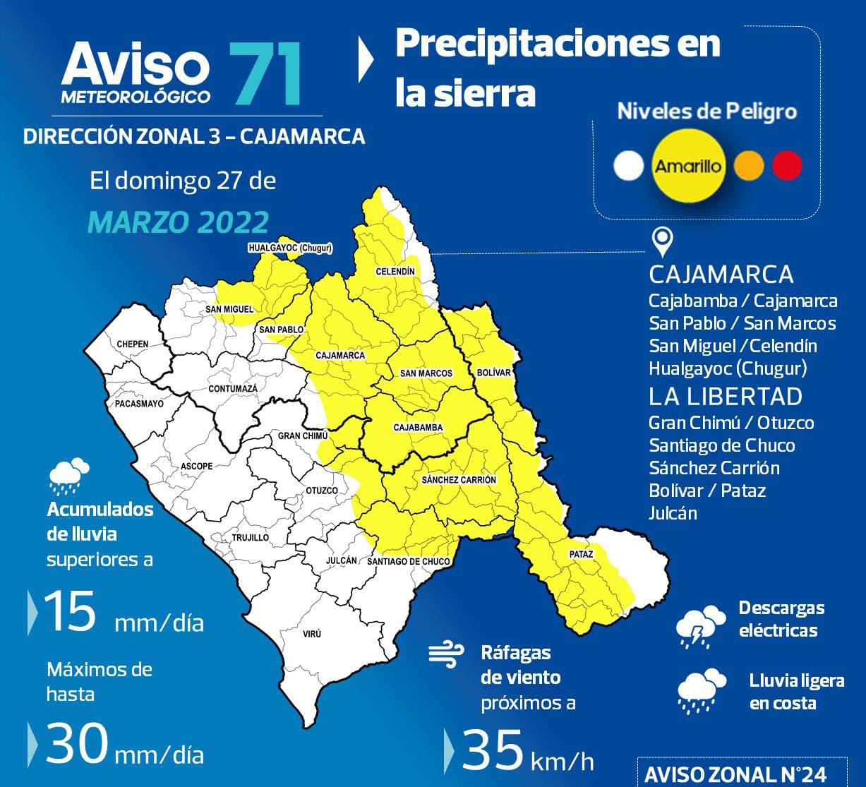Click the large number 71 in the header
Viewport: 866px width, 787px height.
pyautogui.click(x=265, y=74)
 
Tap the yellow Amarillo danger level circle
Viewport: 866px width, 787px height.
pyautogui.click(x=688, y=167)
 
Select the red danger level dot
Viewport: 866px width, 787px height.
pyautogui.click(x=787, y=166)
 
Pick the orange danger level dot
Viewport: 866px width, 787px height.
pyautogui.click(x=749, y=166)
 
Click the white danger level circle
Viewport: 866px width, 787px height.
pyautogui.click(x=629, y=166)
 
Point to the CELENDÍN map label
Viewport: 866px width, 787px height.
pyautogui.click(x=395, y=271)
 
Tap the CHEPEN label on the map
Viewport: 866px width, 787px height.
pyautogui.click(x=133, y=344)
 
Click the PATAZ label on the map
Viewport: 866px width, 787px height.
pyautogui.click(x=581, y=555)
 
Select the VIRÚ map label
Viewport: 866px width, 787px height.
pyautogui.click(x=311, y=634)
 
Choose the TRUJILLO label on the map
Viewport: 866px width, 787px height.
pyautogui.click(x=250, y=538)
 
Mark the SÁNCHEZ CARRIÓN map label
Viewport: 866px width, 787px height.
pyautogui.click(x=459, y=480)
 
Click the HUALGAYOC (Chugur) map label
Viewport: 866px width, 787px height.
pyautogui.click(x=290, y=248)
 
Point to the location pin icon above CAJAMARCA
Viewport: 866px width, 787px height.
pyautogui.click(x=661, y=242)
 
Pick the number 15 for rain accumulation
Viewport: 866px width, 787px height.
pyautogui.click(x=69, y=611)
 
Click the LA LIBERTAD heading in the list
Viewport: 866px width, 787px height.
pyautogui.click(x=725, y=397)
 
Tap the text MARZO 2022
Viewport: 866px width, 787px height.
pyautogui.click(x=179, y=222)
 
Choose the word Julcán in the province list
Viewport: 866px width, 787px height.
pyautogui.click(x=672, y=513)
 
